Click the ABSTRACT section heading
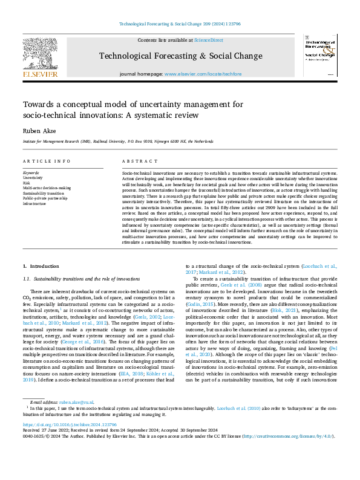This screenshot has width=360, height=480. pyautogui.click(x=136, y=161)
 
